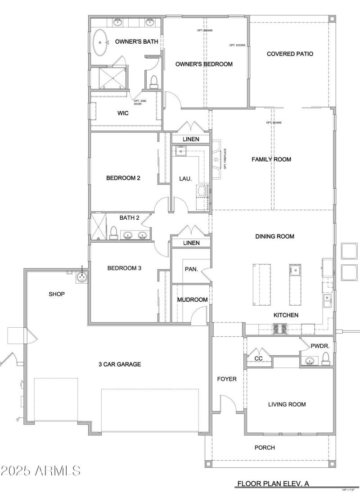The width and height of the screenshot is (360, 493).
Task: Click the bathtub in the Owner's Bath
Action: click(x=100, y=42)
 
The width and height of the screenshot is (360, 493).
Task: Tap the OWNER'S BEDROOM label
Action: click(x=204, y=64)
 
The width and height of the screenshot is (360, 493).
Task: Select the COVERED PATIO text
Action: click(x=290, y=54)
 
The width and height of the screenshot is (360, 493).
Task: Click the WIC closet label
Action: click(x=123, y=113)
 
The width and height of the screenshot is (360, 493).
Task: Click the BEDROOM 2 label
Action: click(x=123, y=178)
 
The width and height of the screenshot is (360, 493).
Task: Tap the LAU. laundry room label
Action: click(x=186, y=179)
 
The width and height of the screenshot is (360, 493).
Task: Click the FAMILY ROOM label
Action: click(x=271, y=159)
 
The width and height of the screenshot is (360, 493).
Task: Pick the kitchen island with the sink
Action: click(x=295, y=284)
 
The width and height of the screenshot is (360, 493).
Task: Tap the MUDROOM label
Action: click(x=192, y=300)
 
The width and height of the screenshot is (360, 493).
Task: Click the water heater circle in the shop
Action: click(x=82, y=277)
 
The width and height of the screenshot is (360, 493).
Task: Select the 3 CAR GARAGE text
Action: click(x=120, y=364)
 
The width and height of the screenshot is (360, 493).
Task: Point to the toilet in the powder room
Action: click(x=326, y=358)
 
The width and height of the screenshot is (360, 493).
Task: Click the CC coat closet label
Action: click(x=258, y=358)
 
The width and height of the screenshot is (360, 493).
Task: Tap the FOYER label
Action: click(x=227, y=379)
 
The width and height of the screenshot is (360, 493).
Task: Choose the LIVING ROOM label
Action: click(x=287, y=404)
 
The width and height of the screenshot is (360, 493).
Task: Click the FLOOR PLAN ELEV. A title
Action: click(x=272, y=484)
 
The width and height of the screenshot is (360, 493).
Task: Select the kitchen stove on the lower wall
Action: click(x=280, y=329)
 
